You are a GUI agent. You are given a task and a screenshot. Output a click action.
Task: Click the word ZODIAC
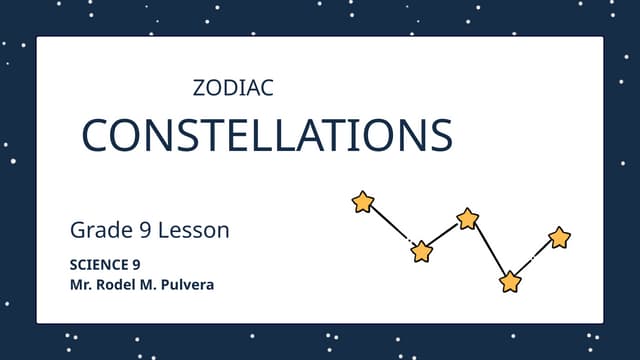232,88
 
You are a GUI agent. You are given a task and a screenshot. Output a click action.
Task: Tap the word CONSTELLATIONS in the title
266,136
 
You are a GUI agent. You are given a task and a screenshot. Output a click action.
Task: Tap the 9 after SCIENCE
136,265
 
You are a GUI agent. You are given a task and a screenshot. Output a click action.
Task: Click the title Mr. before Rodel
80,285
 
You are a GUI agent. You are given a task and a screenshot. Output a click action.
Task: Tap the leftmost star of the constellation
363,203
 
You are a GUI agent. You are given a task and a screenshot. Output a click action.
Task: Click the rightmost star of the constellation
560,238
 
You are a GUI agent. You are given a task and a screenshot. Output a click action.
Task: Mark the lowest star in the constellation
511,282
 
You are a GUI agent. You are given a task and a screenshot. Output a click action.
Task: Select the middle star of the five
468,219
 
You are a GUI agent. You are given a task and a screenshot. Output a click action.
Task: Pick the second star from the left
422,251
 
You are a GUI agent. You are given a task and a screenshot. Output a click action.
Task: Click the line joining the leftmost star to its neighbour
392,227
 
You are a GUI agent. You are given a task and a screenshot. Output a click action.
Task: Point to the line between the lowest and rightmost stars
535,260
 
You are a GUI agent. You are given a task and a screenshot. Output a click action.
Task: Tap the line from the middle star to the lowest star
489,250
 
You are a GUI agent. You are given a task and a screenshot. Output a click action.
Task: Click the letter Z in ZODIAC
197,88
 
